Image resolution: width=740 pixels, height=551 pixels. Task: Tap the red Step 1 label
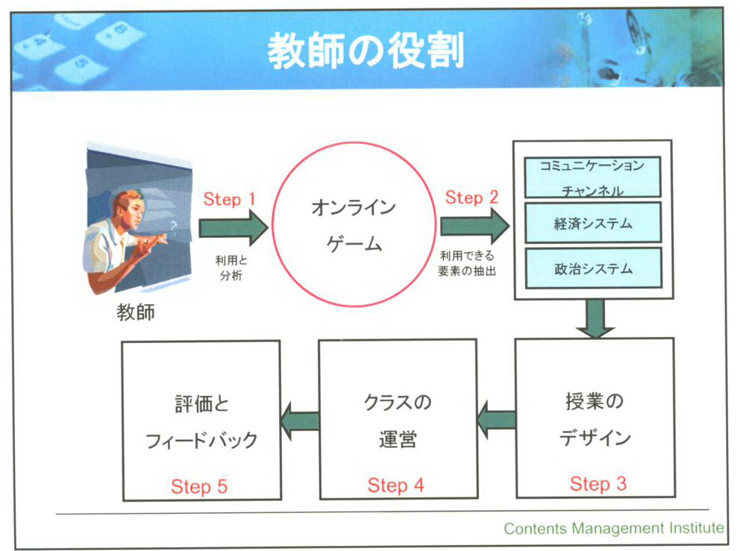(x=229, y=200)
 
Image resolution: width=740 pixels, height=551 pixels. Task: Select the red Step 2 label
(x=471, y=198)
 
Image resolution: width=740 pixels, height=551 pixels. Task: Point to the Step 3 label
(x=598, y=484)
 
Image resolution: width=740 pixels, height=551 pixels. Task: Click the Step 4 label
(x=395, y=485)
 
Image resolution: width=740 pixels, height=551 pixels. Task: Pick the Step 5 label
(x=198, y=487)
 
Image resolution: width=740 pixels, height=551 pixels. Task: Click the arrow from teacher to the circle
(x=232, y=227)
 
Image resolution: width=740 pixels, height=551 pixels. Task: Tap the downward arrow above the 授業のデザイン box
(x=595, y=318)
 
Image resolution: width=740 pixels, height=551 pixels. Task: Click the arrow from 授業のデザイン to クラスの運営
(x=496, y=420)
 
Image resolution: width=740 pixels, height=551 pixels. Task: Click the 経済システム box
(x=593, y=223)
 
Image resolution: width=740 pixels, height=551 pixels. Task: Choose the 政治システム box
(x=593, y=268)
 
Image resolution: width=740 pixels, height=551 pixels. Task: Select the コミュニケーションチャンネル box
(x=593, y=177)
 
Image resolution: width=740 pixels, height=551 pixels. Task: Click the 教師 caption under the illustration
(x=136, y=312)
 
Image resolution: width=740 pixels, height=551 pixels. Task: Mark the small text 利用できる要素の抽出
(x=468, y=264)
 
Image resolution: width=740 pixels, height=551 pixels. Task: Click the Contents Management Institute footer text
(x=613, y=529)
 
